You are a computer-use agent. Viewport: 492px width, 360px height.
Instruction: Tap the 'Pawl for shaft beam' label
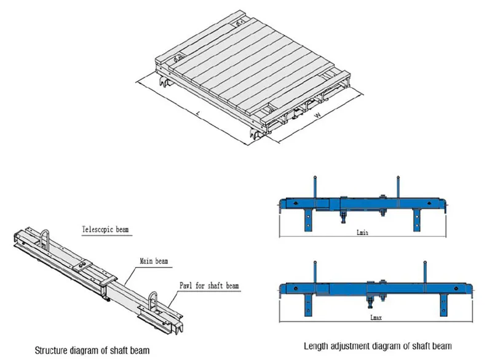[209, 286]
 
